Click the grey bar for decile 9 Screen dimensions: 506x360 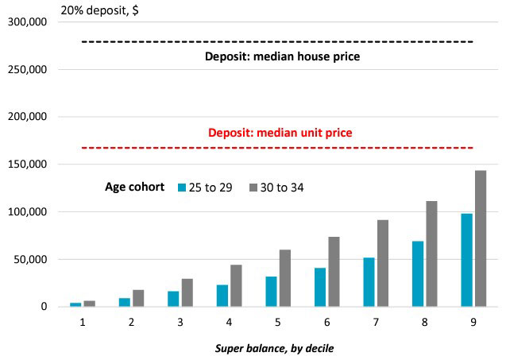coord(481,238)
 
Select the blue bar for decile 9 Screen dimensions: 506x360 coord(466,260)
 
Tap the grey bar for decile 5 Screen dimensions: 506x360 coord(285,278)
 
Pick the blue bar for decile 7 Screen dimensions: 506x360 coord(369,282)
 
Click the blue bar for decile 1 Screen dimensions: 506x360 coord(75,304)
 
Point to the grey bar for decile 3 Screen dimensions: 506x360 coord(187,292)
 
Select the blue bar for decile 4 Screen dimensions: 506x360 coord(222,296)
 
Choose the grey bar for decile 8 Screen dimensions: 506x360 coord(432,254)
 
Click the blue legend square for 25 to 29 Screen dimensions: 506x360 coord(182,188)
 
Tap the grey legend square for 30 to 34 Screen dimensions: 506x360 coord(253,188)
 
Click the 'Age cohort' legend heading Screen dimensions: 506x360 coord(134,187)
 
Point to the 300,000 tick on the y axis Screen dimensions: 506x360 coord(28,22)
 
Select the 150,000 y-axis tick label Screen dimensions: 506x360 coord(28,164)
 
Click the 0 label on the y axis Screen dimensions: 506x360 coord(44,307)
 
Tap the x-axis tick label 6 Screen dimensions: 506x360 coord(327,322)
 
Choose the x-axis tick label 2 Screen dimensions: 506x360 coord(131,322)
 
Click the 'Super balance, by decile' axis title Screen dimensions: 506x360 coord(274,349)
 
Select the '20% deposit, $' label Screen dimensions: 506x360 coord(100,10)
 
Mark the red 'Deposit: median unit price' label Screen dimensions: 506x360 coord(280,133)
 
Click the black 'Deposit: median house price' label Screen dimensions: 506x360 coord(282,56)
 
